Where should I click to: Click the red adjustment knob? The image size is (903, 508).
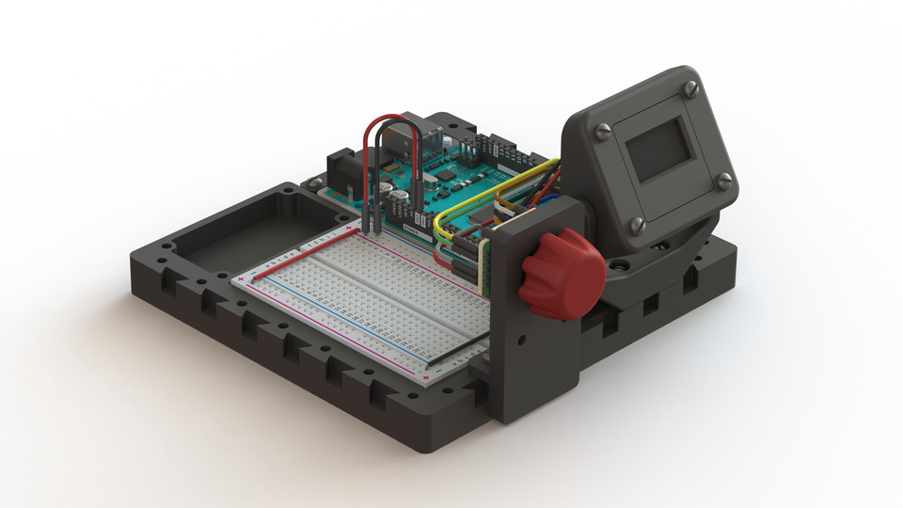[562, 273]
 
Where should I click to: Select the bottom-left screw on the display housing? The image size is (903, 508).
[635, 224]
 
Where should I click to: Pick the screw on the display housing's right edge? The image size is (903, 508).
[724, 182]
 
